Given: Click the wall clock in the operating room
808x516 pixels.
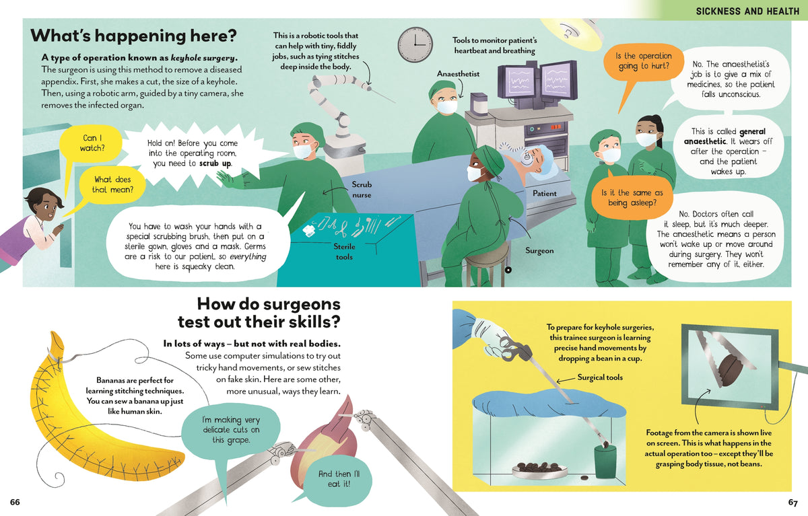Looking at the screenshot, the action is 415,44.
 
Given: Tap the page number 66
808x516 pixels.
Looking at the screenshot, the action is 15,502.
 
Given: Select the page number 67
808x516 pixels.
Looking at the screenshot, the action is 793,503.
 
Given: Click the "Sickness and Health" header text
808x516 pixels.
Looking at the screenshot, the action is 747,11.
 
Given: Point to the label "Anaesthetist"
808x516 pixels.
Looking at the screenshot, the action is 458,74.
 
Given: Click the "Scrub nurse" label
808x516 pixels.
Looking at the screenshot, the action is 362,190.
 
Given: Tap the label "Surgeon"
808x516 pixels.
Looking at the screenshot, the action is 539,250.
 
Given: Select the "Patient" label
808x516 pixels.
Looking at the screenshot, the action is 544,194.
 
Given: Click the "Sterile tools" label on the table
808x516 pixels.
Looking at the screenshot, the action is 344,252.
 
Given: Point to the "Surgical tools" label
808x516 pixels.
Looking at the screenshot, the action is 600,377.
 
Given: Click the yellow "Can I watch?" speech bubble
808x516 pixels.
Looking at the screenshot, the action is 91,143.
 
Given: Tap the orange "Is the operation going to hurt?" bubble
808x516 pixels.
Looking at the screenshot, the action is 644,61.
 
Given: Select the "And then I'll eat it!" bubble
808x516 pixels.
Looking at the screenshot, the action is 338,479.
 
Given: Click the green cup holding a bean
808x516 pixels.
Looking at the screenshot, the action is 605,462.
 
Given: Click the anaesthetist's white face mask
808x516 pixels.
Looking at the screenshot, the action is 446,107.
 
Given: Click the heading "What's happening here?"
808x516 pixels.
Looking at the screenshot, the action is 133,36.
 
